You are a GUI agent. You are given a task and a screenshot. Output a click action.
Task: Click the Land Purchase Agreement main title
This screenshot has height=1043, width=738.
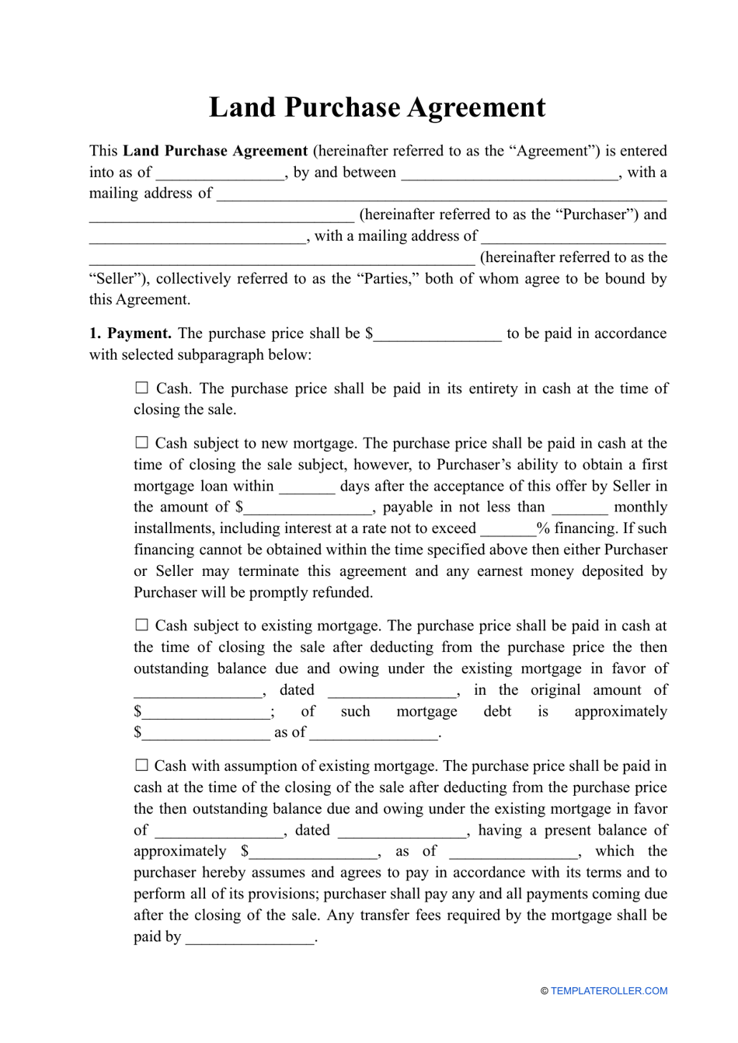(x=377, y=107)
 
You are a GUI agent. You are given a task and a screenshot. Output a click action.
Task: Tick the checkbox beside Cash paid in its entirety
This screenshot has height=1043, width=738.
(x=141, y=388)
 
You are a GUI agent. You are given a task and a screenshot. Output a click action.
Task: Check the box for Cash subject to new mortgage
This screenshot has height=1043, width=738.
(x=141, y=442)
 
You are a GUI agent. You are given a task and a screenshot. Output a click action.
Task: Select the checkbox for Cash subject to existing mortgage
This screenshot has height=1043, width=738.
(x=141, y=625)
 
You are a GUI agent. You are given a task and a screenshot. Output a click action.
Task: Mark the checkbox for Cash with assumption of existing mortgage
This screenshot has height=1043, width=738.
(x=141, y=766)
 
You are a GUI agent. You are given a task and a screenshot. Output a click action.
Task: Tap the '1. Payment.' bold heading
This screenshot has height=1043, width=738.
(x=130, y=333)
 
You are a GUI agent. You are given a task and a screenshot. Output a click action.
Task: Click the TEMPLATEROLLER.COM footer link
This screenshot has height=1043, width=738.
(x=608, y=991)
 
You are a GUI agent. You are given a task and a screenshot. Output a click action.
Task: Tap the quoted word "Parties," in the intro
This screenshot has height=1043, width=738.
(x=387, y=279)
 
